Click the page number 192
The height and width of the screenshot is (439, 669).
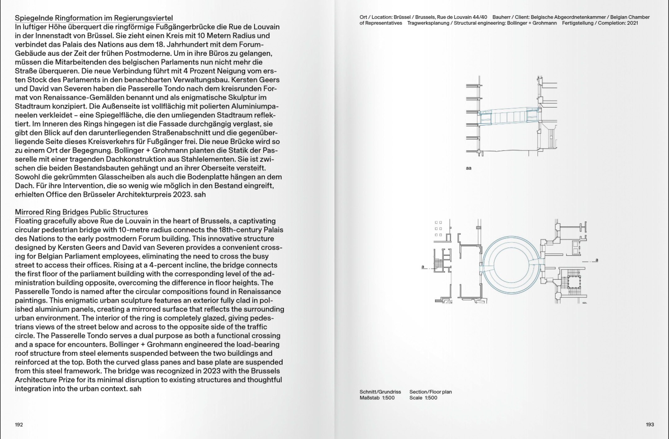click(x=19, y=424)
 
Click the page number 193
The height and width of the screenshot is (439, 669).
click(x=650, y=424)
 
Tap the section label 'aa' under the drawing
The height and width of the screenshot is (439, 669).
click(x=469, y=168)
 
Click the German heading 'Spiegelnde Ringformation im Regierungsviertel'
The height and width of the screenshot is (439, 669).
click(x=94, y=18)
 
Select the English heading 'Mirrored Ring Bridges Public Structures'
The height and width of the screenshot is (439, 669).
click(x=81, y=212)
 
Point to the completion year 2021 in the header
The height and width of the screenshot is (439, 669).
click(x=632, y=23)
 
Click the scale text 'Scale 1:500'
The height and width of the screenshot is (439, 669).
click(x=423, y=398)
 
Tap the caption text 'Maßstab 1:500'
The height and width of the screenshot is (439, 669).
click(x=377, y=398)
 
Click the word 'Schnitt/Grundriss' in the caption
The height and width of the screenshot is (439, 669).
click(x=380, y=392)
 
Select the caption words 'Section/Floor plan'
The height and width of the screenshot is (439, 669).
click(x=430, y=392)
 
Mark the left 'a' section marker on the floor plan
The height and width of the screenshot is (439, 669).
click(x=423, y=267)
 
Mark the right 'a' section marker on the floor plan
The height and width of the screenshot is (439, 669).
click(x=597, y=260)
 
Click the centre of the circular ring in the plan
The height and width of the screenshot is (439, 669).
click(x=511, y=265)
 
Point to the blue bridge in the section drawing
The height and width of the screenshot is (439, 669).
click(x=509, y=116)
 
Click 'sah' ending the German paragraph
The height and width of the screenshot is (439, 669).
click(x=200, y=195)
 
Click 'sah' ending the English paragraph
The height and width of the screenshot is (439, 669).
click(x=135, y=389)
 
